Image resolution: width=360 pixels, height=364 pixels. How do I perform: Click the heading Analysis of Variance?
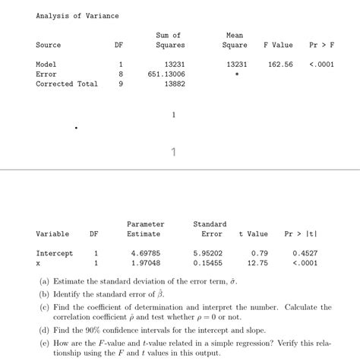[x=77, y=16]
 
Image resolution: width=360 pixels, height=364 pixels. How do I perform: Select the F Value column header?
[x=277, y=46]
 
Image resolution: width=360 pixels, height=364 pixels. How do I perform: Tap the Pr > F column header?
[x=321, y=46]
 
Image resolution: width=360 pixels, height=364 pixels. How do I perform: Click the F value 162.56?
[x=280, y=65]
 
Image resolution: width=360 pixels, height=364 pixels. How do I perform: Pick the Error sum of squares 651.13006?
[x=166, y=74]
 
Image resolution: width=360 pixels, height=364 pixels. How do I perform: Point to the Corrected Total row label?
[x=67, y=84]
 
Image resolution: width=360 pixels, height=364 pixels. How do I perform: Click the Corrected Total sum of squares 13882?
[x=175, y=84]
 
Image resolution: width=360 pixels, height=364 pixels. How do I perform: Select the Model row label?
[x=46, y=65]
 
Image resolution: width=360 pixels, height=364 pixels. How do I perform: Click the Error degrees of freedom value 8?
[x=119, y=74]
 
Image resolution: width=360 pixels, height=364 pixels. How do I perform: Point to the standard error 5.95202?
[x=207, y=253]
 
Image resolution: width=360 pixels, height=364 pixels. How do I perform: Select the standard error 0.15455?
[x=207, y=263]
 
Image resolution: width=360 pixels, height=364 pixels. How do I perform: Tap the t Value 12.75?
[x=258, y=263]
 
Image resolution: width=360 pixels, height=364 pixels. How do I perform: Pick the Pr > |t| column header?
[x=301, y=234]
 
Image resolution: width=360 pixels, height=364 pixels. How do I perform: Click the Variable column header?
[x=52, y=234]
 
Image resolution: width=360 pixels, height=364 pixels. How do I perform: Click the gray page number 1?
[x=174, y=153]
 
